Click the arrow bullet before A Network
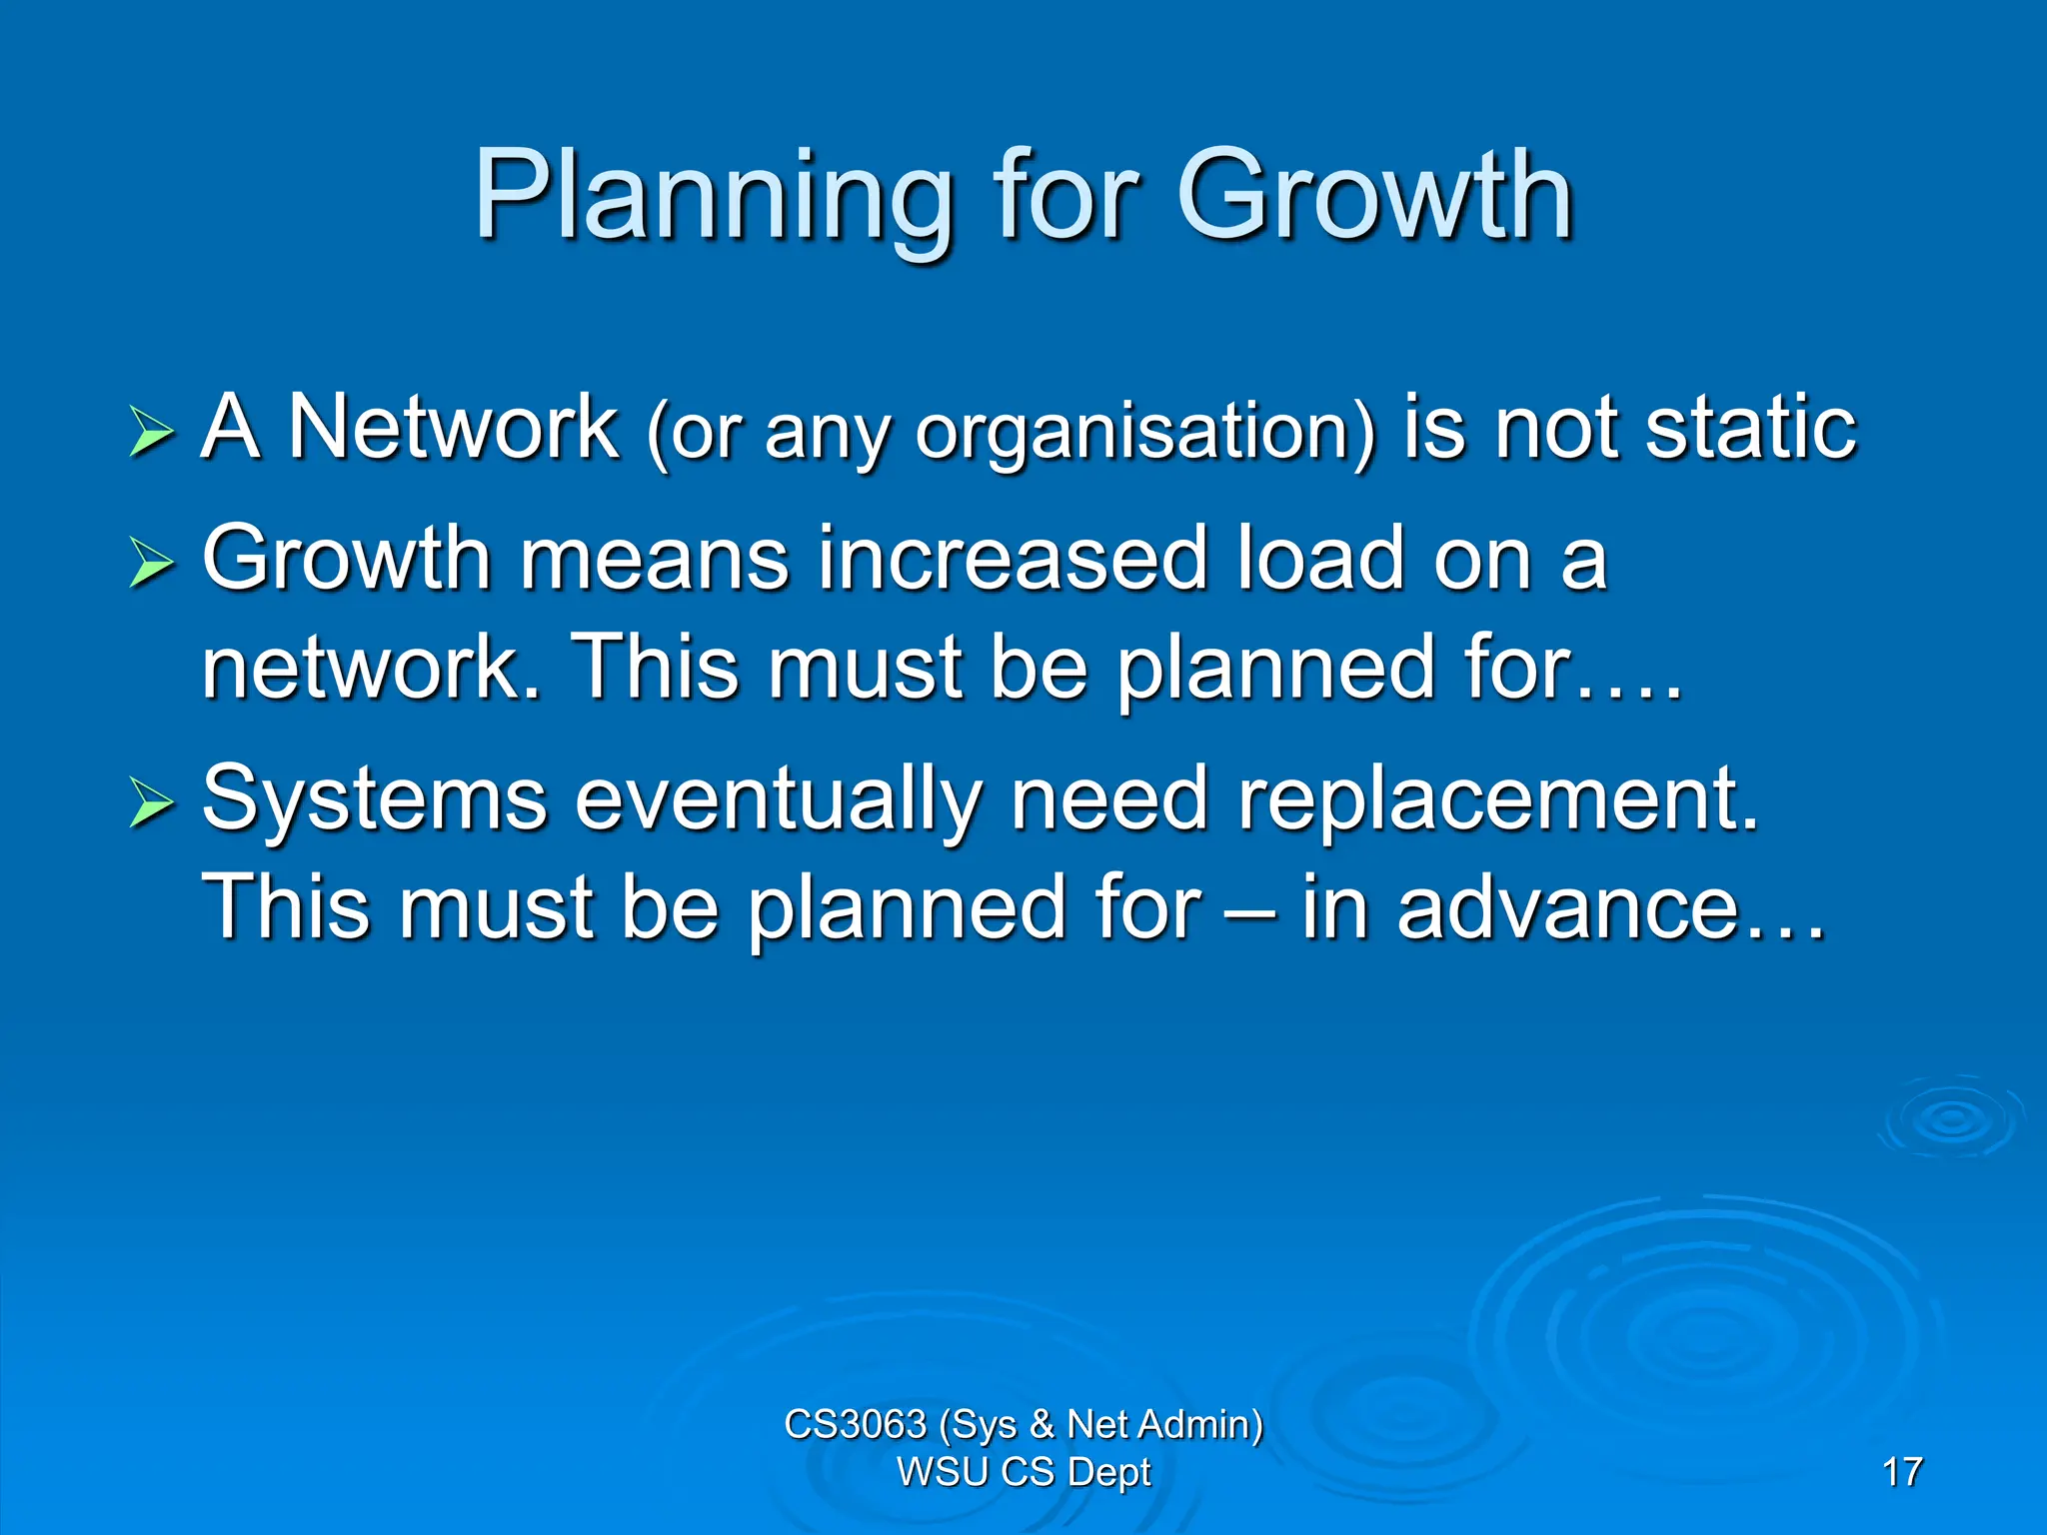(x=151, y=432)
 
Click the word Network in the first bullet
(x=453, y=428)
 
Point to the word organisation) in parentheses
(x=1145, y=432)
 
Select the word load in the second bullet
(x=1319, y=560)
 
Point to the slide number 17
(x=1901, y=1472)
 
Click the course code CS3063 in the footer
(x=855, y=1424)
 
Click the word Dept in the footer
(x=1108, y=1472)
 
